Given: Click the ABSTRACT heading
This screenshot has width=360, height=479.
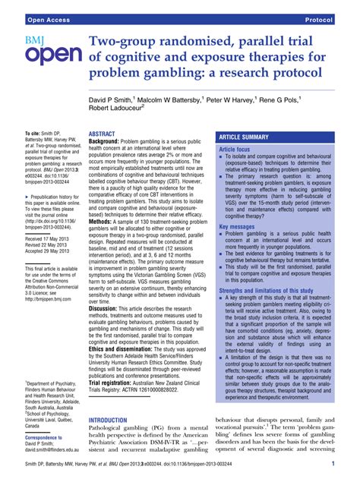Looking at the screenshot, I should point(103,133).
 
